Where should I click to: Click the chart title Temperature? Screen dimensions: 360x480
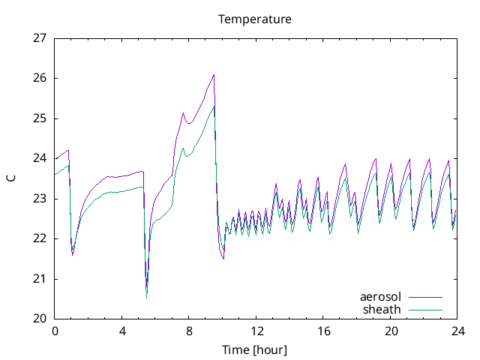(255, 19)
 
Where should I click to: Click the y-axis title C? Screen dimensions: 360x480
(10, 178)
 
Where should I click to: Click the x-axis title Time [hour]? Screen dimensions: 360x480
(255, 349)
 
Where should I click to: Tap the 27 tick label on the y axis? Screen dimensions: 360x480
(40, 38)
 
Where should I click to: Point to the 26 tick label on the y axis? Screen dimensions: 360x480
(40, 78)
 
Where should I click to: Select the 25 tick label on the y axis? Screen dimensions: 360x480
(40, 118)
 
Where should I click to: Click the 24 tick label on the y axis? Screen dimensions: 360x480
(40, 158)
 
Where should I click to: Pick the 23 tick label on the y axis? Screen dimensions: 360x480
(40, 199)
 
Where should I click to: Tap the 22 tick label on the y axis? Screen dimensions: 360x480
(40, 238)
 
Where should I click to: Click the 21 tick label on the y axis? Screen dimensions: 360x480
(40, 279)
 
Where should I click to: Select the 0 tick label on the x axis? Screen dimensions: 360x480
(55, 331)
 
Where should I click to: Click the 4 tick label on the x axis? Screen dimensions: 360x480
(122, 331)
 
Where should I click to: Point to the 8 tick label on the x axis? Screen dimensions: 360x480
(189, 331)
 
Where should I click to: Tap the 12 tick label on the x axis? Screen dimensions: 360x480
(256, 331)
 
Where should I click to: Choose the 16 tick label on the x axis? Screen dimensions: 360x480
(323, 331)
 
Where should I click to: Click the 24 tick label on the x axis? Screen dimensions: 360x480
(457, 331)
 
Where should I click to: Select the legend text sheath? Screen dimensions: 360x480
(382, 309)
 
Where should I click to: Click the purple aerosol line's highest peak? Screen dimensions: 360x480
(214, 74)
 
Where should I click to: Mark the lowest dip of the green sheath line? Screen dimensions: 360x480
(146, 298)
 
